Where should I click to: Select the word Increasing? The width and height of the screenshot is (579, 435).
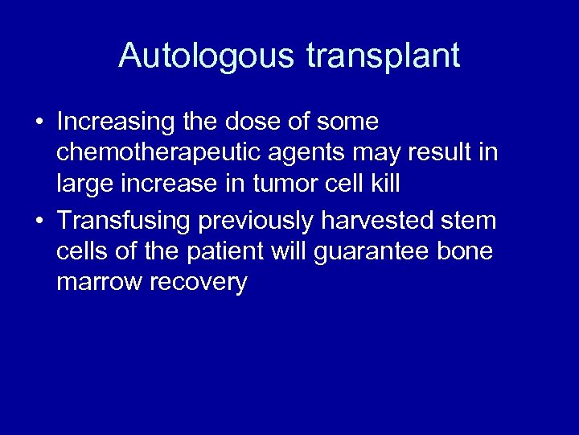(x=116, y=122)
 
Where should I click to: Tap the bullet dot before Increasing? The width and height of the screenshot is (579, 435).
(x=38, y=122)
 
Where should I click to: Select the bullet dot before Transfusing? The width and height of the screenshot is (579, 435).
(x=38, y=220)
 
